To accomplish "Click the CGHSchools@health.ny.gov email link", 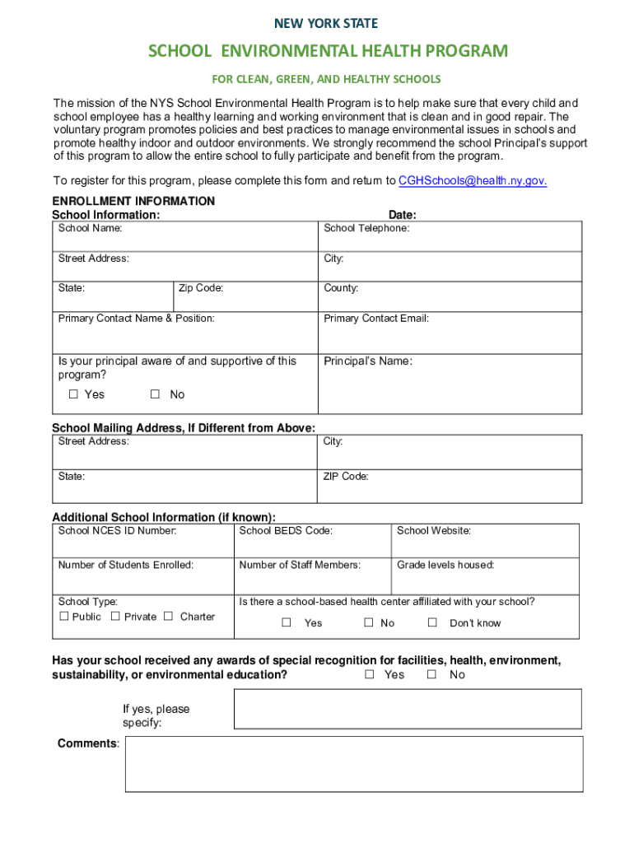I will (472, 181).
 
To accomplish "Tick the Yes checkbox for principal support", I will (73, 394).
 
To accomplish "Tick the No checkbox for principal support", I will (155, 394).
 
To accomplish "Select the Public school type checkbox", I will (64, 617).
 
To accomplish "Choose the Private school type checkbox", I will (115, 617).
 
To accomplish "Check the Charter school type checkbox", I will (168, 617).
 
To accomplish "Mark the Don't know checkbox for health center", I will (432, 623).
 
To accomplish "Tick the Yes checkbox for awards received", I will (370, 674).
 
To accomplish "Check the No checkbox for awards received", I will (431, 674).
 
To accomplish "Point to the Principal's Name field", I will (450, 387).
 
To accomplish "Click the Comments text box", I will (354, 764).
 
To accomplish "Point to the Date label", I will (402, 215).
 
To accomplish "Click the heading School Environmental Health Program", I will (328, 52).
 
